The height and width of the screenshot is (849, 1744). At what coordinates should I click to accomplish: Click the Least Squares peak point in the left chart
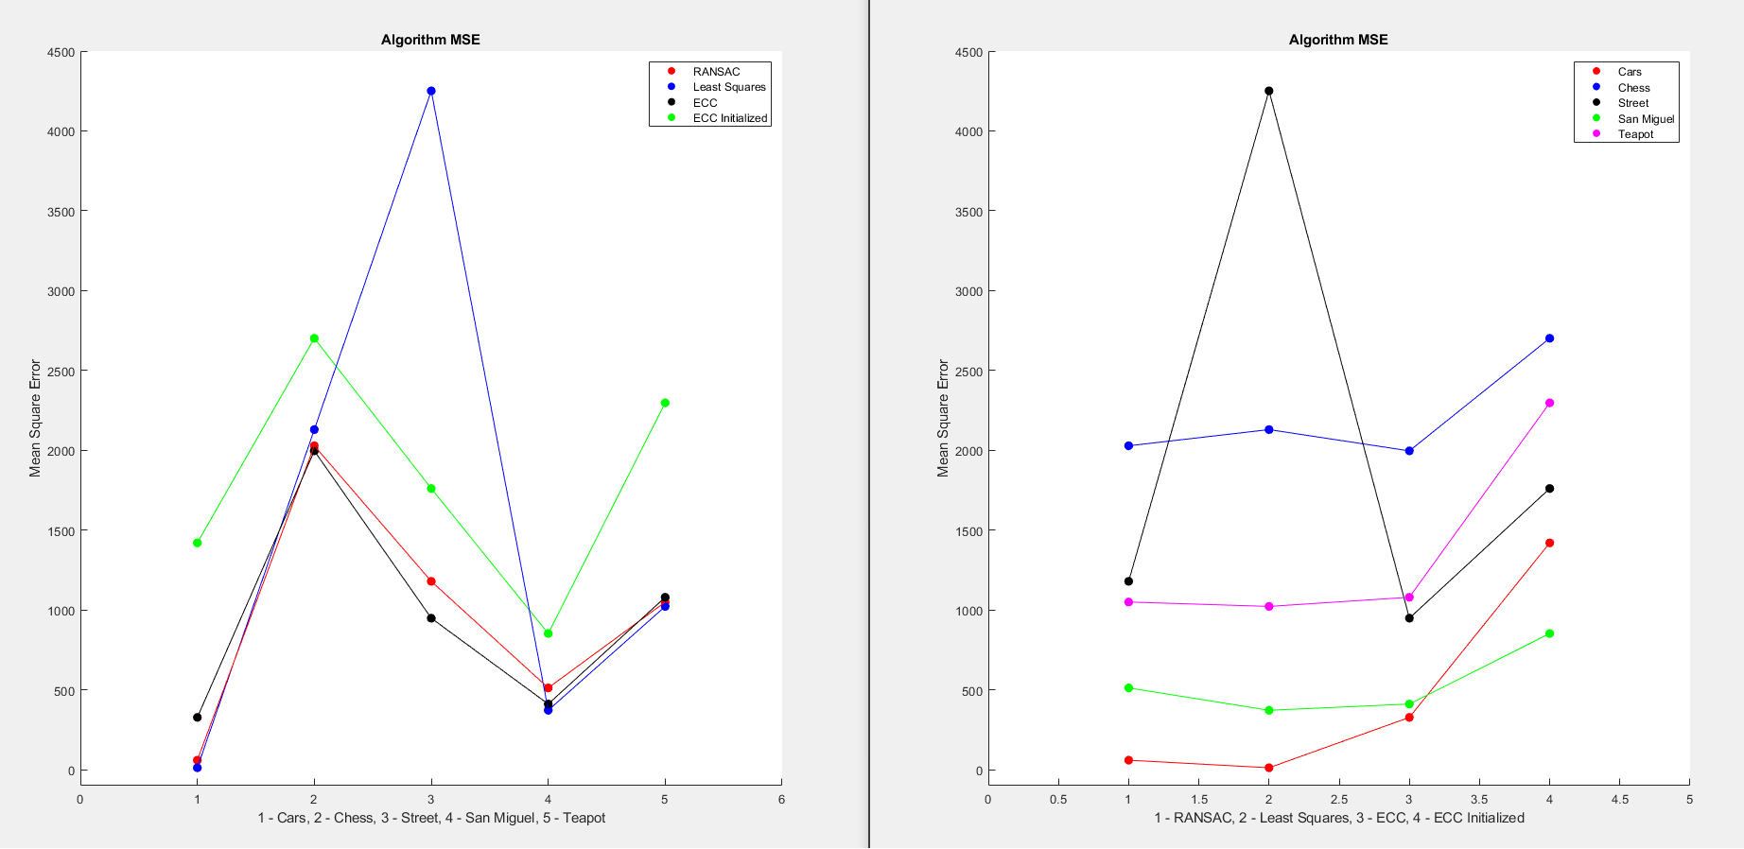point(431,91)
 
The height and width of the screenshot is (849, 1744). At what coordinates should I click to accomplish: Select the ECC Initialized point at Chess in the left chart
point(314,338)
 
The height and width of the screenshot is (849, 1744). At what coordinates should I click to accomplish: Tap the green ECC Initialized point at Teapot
point(665,403)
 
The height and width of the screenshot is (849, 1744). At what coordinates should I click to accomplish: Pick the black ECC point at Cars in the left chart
point(197,718)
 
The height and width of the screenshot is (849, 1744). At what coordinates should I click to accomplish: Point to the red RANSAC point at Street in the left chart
point(431,581)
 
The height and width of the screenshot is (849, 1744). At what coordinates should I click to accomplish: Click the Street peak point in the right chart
point(1268,91)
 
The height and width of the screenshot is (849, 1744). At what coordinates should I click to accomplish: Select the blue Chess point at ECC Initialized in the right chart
point(1549,338)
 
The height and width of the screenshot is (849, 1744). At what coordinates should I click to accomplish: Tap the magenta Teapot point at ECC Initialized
point(1549,403)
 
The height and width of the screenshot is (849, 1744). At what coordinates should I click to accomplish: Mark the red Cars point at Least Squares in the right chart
point(1268,768)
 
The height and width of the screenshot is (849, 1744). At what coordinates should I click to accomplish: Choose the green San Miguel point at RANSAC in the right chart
point(1128,688)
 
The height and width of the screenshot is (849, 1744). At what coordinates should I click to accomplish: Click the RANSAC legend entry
point(716,72)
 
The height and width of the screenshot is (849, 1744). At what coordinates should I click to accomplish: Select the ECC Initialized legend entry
point(729,118)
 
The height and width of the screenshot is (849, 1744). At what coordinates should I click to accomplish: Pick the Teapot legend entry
point(1635,134)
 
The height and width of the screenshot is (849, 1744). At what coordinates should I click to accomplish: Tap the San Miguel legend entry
point(1646,119)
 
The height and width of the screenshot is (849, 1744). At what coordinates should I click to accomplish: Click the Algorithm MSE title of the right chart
point(1338,40)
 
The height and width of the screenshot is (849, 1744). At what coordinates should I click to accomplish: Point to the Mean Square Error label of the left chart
point(35,418)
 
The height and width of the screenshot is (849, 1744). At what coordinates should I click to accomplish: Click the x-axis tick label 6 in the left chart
point(781,800)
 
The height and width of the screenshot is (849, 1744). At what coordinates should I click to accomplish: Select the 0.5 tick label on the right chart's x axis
point(1057,800)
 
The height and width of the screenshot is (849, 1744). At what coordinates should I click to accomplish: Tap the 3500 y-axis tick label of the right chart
point(969,212)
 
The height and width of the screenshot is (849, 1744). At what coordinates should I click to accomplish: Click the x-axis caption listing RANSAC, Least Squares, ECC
point(1338,818)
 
